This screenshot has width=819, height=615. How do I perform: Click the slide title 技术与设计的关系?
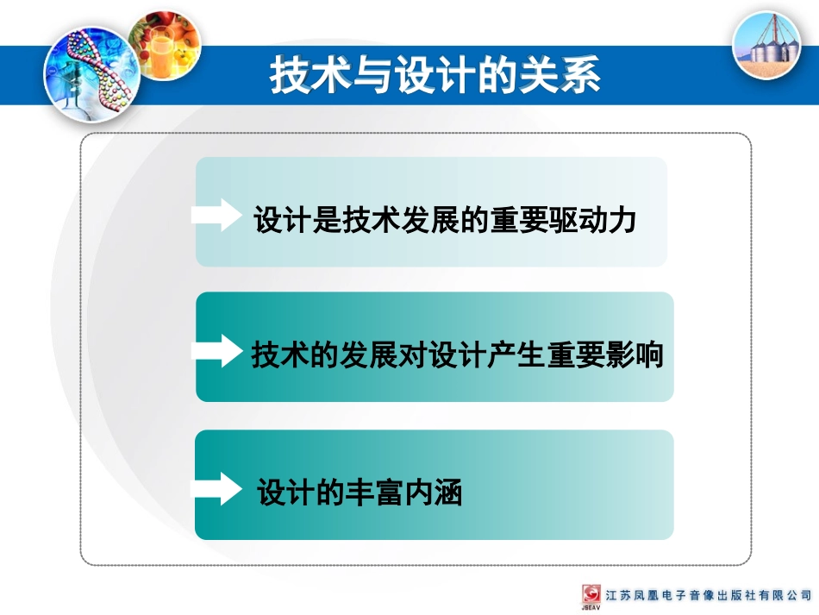click(435, 76)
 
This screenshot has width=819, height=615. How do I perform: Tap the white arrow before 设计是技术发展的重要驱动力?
click(217, 215)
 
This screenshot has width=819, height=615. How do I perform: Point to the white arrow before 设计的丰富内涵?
click(217, 488)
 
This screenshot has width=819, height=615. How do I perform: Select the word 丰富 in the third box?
click(375, 493)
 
